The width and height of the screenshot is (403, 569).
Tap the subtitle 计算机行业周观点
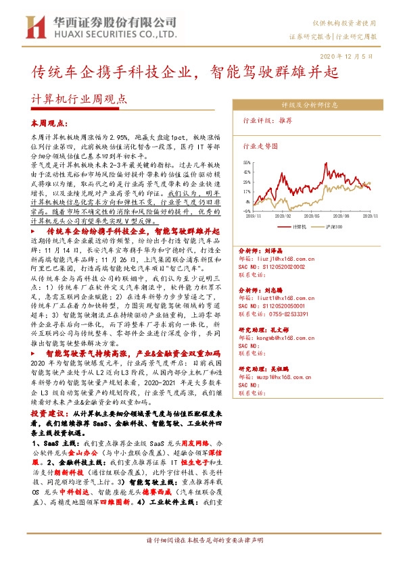pyautogui.click(x=80, y=98)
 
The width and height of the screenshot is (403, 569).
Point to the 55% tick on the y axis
pyautogui.click(x=247, y=163)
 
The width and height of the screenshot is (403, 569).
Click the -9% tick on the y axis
pyautogui.click(x=248, y=210)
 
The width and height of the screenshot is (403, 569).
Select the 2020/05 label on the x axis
pyautogui.click(x=312, y=216)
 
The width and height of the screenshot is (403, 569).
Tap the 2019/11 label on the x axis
pyautogui.click(x=253, y=216)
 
